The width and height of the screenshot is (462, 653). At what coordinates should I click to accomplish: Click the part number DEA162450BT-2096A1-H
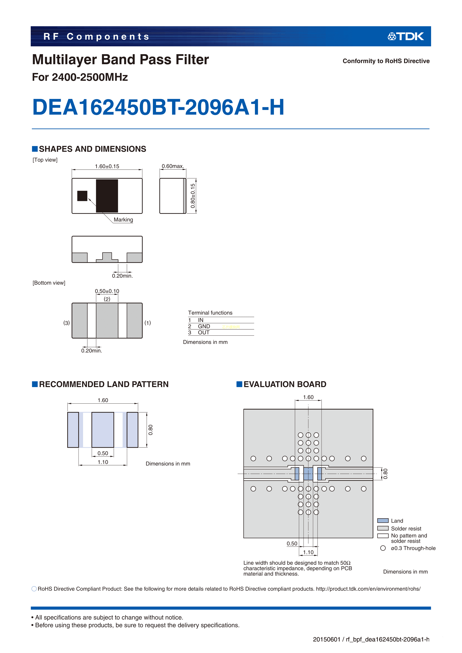tap(158, 107)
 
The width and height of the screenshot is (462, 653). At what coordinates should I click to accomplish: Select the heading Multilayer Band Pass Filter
tap(120, 60)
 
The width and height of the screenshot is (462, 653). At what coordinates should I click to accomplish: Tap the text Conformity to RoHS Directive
tap(386, 61)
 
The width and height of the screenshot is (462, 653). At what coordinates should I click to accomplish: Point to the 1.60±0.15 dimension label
tap(107, 166)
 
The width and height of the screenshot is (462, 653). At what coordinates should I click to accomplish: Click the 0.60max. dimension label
tap(173, 166)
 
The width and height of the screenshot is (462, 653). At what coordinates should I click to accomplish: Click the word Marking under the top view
tap(123, 220)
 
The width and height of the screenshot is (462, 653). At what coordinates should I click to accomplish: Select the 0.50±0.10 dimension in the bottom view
tap(107, 291)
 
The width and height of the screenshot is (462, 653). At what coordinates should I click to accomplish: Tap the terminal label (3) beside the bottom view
tap(66, 323)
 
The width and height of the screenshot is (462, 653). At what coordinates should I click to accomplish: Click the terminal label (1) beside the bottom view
tap(147, 323)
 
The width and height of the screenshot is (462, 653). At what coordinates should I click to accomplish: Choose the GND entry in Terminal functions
tap(204, 326)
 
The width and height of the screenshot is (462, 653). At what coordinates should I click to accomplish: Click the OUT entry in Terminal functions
tap(204, 333)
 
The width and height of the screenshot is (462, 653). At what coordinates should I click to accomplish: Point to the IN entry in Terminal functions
tap(201, 320)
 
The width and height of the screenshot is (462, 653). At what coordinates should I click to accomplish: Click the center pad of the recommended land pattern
tap(103, 430)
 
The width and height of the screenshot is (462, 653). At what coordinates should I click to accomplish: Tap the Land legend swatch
tap(383, 521)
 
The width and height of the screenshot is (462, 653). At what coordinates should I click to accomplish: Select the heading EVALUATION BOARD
tap(285, 384)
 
